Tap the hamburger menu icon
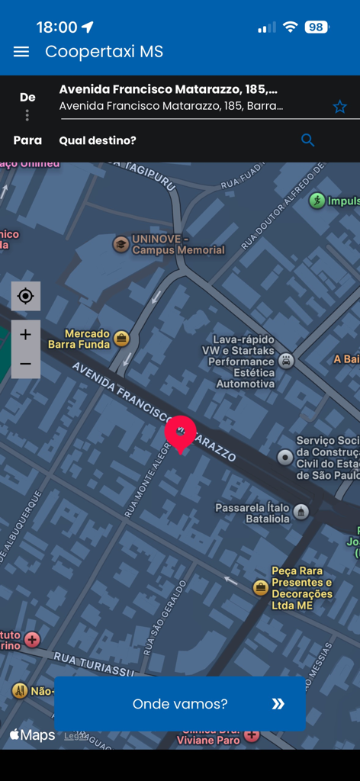tap(21, 52)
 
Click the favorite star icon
tap(339, 107)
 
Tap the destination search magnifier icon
tap(307, 140)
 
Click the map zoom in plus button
tap(25, 335)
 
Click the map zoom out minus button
tap(25, 364)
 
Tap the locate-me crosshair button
tap(25, 296)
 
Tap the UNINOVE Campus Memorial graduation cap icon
tap(121, 244)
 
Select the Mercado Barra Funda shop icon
tap(121, 339)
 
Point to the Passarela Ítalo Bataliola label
tap(252, 513)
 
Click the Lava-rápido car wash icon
tap(286, 361)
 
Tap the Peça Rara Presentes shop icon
tap(260, 587)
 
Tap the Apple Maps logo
tap(32, 735)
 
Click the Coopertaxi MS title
tap(104, 52)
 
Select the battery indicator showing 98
tap(316, 27)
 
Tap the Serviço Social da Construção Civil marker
tap(285, 457)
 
